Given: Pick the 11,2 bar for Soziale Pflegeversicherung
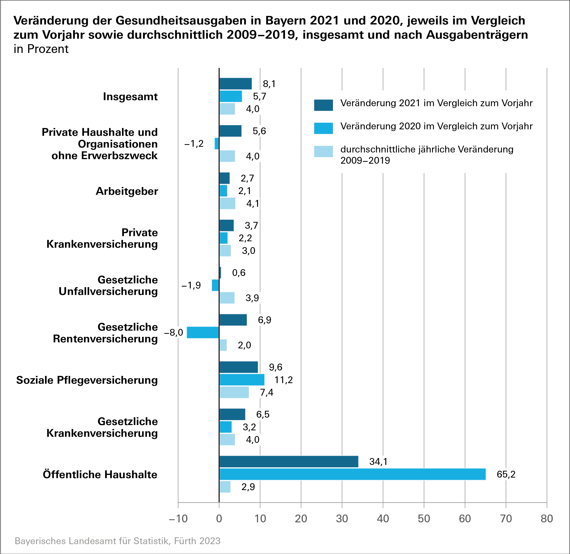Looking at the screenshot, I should click(x=242, y=380).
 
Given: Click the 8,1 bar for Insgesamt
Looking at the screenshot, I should click(x=235, y=84).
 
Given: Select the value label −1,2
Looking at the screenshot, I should click(x=194, y=144).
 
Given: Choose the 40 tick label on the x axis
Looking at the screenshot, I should click(x=383, y=519).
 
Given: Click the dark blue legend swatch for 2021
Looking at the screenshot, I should click(x=323, y=105).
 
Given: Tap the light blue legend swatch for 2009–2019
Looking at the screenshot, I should click(x=323, y=151).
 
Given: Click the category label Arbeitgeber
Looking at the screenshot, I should click(x=127, y=191).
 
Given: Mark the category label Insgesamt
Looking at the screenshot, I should click(x=130, y=97).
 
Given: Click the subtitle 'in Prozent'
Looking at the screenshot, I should click(x=41, y=49).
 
